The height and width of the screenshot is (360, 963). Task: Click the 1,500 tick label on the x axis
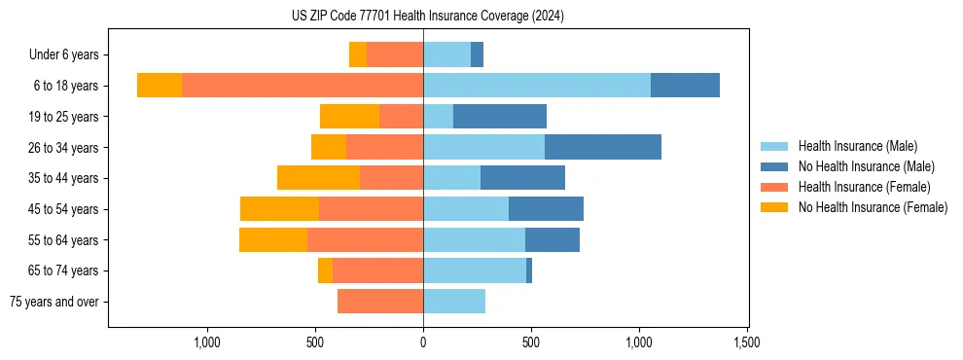746,342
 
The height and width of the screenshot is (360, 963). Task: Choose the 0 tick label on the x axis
423,342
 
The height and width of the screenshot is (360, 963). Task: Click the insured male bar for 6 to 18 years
537,86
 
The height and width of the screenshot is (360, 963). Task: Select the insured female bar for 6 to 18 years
303,86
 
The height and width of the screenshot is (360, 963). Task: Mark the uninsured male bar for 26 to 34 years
603,147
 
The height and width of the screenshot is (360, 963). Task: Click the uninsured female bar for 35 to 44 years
318,178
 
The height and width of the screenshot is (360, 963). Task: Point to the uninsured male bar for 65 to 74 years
529,270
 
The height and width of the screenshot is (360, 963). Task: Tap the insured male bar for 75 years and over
454,302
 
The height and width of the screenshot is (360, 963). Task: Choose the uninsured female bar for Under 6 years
357,54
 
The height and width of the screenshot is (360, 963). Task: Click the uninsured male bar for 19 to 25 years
500,117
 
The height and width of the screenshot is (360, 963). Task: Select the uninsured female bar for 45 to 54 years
279,209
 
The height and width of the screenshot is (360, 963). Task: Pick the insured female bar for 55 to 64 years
365,239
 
